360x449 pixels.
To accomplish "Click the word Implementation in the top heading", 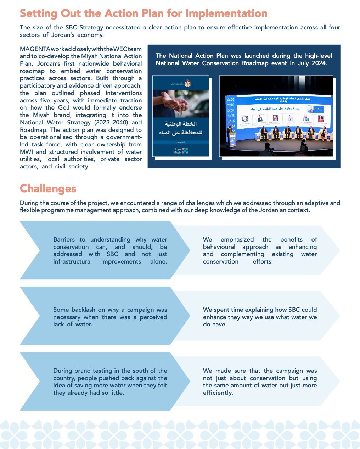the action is coord(226,13).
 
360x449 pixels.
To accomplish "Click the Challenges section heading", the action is coord(48,188).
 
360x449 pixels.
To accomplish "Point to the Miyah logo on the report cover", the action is coord(181,150).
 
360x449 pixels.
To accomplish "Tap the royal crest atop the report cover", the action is coord(188,84).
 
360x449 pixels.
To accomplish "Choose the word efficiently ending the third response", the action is coord(218,393).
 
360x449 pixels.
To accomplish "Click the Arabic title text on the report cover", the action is coord(181,128).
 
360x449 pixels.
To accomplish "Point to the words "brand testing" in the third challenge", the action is coord(93,371).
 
